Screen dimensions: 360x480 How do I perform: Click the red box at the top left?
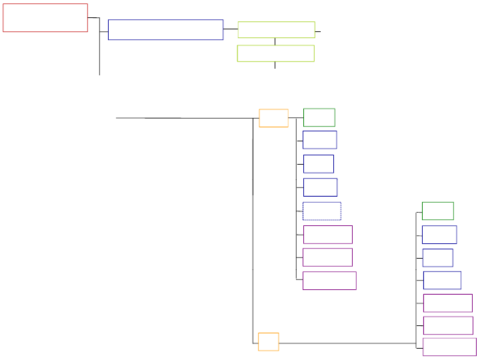click(x=45, y=18)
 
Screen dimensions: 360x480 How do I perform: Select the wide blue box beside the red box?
click(x=165, y=29)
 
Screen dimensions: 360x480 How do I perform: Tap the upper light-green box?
click(x=276, y=29)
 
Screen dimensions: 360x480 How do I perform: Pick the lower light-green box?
click(x=275, y=53)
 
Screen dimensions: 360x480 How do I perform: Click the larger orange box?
click(x=273, y=118)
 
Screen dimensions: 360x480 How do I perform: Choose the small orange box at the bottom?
click(x=268, y=341)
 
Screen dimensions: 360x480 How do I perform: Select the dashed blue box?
click(x=321, y=211)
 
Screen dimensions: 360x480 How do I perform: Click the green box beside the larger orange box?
click(x=319, y=117)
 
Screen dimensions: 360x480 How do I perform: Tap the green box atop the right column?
click(x=438, y=211)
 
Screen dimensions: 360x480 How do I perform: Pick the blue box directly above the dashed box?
click(x=320, y=187)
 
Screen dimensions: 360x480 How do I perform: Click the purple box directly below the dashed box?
click(x=327, y=234)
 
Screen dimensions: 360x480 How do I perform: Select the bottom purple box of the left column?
click(x=329, y=280)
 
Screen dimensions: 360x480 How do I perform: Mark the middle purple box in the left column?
click(x=327, y=257)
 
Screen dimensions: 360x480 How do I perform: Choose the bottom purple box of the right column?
click(x=449, y=347)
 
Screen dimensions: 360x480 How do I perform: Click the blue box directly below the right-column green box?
click(x=439, y=235)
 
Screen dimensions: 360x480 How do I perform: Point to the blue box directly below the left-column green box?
click(x=319, y=140)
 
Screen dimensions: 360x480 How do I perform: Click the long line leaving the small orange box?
click(x=347, y=343)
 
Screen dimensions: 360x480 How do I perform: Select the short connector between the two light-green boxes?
click(x=275, y=41)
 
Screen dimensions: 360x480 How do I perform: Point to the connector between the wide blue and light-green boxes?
click(x=230, y=29)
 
